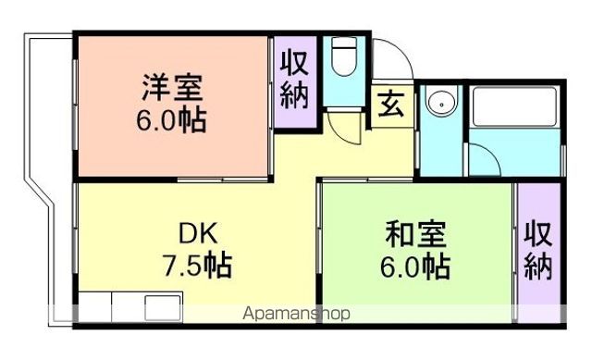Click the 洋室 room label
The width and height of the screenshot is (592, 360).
click(173, 90)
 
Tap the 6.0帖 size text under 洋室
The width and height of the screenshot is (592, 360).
click(173, 120)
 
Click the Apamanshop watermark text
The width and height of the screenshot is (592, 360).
click(296, 314)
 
